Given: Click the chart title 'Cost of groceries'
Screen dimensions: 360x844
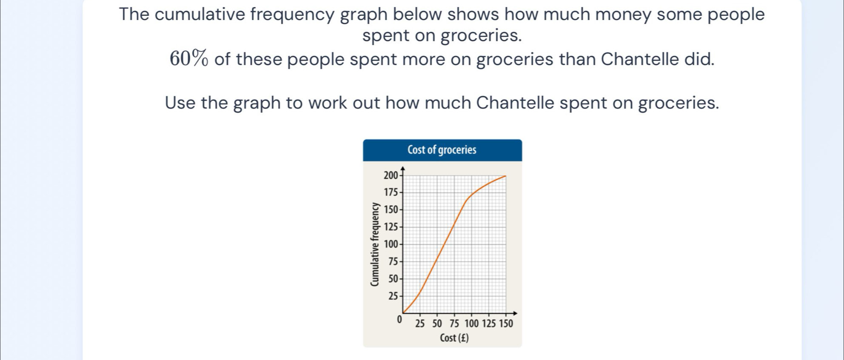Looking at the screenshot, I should tap(442, 150).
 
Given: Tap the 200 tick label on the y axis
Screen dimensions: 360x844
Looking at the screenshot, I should tap(390, 175).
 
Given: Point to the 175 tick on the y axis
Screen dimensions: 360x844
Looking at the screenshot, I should tap(391, 192).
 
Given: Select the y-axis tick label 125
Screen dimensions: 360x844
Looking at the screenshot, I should tap(391, 227).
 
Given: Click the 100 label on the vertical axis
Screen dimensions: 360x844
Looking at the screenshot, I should tap(391, 244).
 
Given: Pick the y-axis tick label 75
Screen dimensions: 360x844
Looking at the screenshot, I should tap(393, 261).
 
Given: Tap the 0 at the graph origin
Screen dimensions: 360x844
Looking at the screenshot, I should tap(399, 319).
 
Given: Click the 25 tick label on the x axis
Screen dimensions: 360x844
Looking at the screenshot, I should tap(420, 323).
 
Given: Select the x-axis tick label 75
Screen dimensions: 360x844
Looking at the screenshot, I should tap(454, 323).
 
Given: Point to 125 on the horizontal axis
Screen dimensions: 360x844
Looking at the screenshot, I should tap(489, 323).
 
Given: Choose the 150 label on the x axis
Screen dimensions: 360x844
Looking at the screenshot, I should tap(506, 323).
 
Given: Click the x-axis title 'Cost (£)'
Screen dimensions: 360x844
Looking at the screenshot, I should tap(454, 338).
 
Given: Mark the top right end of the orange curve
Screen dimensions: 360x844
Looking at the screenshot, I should tap(506, 176).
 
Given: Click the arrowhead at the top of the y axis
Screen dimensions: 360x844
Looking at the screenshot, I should tap(402, 169).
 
